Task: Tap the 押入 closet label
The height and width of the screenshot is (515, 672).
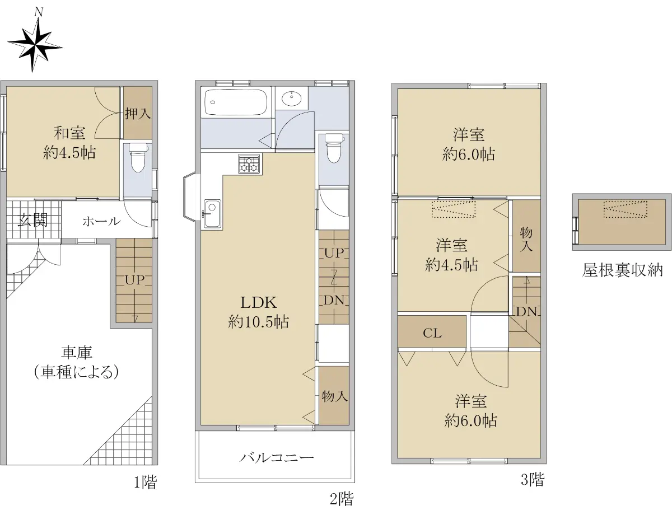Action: click(x=138, y=114)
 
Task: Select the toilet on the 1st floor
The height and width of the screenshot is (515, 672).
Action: click(x=138, y=158)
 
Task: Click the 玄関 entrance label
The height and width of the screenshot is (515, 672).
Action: click(x=32, y=221)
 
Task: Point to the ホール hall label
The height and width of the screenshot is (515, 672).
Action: click(x=101, y=221)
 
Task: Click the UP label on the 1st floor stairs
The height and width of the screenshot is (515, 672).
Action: click(x=135, y=280)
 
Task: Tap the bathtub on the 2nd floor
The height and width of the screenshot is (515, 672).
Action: click(x=236, y=102)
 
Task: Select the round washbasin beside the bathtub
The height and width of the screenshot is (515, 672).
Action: click(x=292, y=100)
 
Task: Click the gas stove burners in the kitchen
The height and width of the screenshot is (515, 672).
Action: click(x=249, y=164)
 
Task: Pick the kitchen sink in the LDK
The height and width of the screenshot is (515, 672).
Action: click(x=212, y=213)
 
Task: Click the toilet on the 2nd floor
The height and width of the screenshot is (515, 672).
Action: click(x=333, y=148)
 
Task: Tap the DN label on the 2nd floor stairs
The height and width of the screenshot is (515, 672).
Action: click(x=334, y=300)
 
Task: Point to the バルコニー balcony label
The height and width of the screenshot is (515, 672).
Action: click(x=277, y=457)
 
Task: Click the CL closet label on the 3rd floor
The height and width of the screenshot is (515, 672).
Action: click(x=432, y=333)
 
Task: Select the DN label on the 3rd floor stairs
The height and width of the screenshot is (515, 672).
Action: click(x=526, y=312)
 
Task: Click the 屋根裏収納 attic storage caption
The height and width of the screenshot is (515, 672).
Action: click(x=622, y=270)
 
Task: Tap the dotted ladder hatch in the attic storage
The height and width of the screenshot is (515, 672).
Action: click(x=626, y=209)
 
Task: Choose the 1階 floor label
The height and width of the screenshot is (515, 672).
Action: click(x=146, y=482)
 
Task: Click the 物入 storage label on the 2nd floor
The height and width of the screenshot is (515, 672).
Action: click(x=334, y=396)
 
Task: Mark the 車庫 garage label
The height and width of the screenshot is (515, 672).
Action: click(x=76, y=352)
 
